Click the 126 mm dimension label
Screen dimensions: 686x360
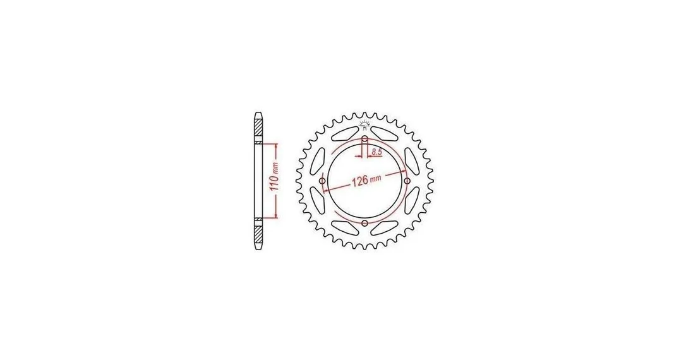366,180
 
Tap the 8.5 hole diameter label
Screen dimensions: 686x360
377,152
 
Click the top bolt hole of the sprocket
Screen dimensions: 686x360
364,139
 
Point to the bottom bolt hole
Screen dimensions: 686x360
364,223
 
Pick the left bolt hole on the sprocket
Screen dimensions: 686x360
322,181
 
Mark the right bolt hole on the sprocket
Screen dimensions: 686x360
407,181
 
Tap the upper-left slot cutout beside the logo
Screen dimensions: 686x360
344,133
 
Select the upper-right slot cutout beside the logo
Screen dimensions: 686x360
385,133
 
